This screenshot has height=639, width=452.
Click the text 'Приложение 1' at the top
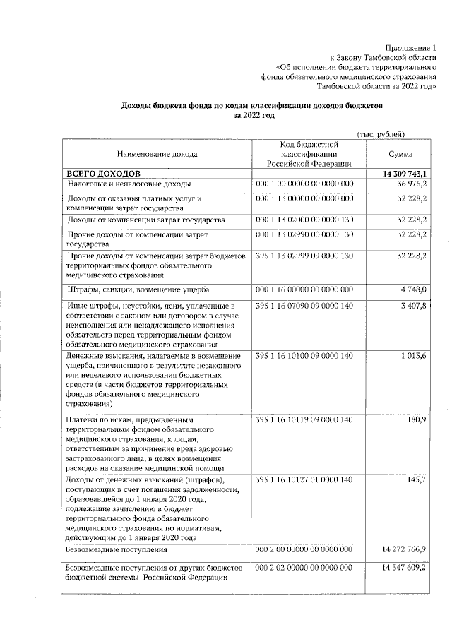tap(411, 47)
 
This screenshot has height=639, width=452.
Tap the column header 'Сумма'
tap(400, 154)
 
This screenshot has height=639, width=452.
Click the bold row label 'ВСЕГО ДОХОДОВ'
tap(103, 173)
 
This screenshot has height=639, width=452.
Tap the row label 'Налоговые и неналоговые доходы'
tap(124, 184)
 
